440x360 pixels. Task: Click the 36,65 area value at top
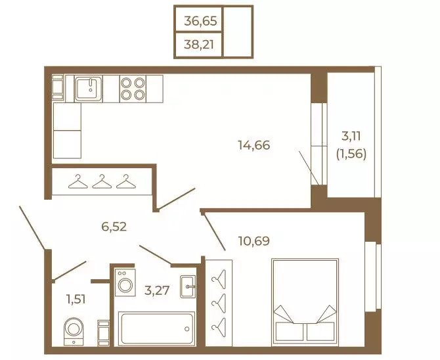(200, 21)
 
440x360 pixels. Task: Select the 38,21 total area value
(199, 45)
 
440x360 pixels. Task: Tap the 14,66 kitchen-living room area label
(254, 145)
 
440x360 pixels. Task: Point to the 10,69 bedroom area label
(254, 241)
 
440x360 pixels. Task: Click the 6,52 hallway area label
(114, 227)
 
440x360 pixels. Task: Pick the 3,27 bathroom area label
(157, 290)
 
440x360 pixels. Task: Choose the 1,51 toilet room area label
(76, 300)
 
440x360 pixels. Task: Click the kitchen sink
(89, 89)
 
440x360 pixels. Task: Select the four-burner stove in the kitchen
(133, 89)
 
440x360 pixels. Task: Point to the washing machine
(125, 282)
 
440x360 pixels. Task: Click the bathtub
(156, 328)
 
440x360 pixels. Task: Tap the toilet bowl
(74, 331)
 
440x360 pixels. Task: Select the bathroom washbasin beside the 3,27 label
(188, 286)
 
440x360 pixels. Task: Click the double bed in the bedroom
(305, 302)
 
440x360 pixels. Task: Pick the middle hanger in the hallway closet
(102, 182)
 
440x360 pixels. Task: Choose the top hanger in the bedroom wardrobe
(219, 279)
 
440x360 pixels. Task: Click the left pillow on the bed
(289, 331)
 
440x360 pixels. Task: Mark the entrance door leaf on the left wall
(32, 228)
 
